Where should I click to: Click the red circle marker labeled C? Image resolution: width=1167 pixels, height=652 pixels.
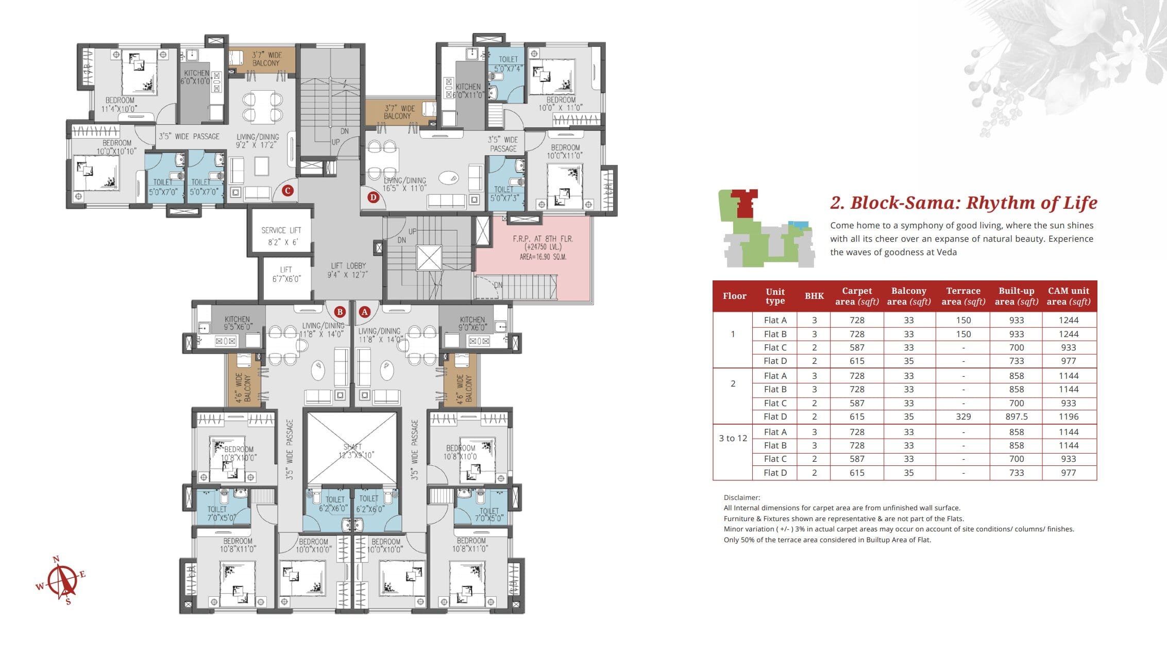click(x=287, y=191)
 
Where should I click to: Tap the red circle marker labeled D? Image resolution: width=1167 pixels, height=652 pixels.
click(x=373, y=197)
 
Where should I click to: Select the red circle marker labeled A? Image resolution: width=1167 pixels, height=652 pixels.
click(x=365, y=312)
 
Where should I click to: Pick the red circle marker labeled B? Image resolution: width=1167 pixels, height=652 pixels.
click(x=340, y=312)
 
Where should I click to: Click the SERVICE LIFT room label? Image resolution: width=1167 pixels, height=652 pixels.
click(x=281, y=236)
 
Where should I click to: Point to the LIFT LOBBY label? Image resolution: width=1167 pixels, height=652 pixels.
click(x=348, y=270)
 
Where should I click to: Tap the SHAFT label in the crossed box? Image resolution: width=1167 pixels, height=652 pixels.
click(x=353, y=447)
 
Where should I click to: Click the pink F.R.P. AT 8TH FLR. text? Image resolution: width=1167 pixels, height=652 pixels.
click(x=543, y=239)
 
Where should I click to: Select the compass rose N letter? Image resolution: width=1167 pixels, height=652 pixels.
click(x=56, y=559)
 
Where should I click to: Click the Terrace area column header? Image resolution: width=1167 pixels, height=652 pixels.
click(x=963, y=296)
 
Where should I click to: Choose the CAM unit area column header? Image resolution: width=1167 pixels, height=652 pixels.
click(x=1069, y=296)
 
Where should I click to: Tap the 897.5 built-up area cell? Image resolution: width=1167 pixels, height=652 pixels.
click(x=1016, y=416)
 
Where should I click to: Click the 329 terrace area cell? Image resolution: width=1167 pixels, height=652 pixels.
click(x=963, y=416)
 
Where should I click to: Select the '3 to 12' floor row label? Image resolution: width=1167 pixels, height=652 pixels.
click(x=733, y=438)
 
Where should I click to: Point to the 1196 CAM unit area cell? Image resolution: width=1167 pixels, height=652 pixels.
click(x=1069, y=416)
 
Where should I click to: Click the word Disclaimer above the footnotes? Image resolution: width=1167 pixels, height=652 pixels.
click(x=742, y=497)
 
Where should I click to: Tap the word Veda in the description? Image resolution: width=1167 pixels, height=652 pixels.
click(x=946, y=252)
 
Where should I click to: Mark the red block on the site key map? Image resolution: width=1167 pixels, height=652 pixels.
click(x=745, y=203)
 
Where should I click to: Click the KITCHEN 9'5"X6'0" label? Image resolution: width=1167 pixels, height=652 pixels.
click(x=237, y=323)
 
